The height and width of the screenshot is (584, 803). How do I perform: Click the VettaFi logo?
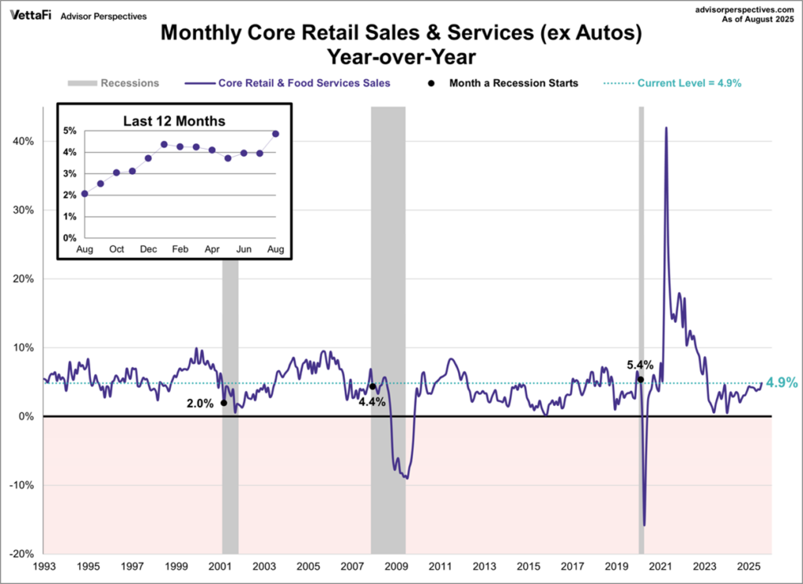(x=31, y=15)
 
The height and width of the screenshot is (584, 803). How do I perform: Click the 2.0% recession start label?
(x=202, y=403)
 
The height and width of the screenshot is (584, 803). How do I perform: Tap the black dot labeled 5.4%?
(x=641, y=379)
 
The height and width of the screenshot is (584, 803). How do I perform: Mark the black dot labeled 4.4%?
(x=372, y=386)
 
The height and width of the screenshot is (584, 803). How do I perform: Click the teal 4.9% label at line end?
(x=782, y=383)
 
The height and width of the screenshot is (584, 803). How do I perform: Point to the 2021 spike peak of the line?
(x=666, y=128)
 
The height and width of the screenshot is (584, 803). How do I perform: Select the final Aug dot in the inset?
(x=276, y=133)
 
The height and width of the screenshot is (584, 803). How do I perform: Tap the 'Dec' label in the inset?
(x=148, y=248)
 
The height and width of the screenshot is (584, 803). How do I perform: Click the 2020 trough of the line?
(x=645, y=525)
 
